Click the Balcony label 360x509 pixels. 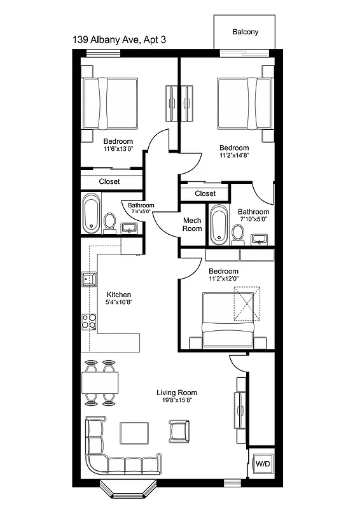pos(245,32)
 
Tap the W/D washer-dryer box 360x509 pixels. pos(262,464)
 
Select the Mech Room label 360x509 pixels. pos(192,224)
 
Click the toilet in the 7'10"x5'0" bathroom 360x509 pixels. pos(237,233)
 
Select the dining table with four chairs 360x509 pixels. pos(100,383)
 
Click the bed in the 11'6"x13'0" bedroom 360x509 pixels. pos(109,103)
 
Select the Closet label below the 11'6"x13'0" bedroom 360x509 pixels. pos(109,181)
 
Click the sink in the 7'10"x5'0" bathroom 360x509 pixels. pos(260,239)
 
